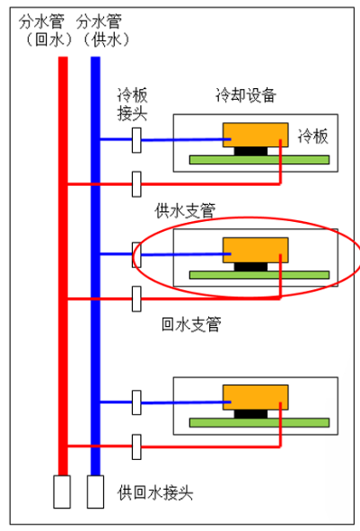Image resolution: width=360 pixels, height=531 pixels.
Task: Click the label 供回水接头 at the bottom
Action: point(154,493)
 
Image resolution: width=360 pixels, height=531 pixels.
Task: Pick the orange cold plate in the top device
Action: point(255,134)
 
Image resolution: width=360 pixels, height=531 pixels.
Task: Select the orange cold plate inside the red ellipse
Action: point(255,249)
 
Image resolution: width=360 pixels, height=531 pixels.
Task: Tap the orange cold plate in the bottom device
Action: point(255,395)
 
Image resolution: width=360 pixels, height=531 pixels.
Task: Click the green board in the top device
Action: point(259,159)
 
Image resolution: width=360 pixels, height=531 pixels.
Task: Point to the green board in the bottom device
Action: point(259,420)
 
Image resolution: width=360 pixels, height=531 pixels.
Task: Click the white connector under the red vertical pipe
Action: point(62,491)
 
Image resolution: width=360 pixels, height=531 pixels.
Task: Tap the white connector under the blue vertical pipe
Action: point(95,491)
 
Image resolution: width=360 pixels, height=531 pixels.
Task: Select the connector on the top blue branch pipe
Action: point(137,139)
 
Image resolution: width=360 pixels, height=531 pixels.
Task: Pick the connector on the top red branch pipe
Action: point(137,183)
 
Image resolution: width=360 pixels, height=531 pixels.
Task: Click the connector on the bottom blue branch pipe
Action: point(137,400)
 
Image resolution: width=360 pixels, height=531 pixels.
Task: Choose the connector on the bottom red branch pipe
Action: point(137,444)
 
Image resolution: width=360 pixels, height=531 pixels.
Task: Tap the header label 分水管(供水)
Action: point(101,30)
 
